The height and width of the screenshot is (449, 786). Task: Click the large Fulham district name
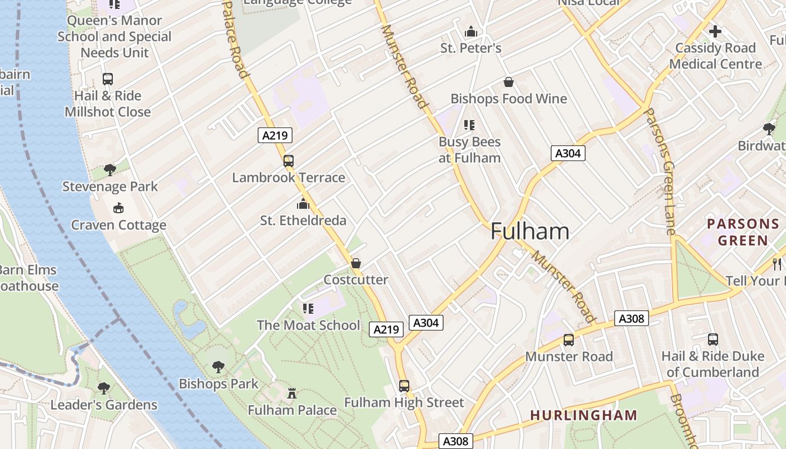pyautogui.click(x=529, y=231)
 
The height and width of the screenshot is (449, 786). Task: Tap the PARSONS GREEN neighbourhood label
pyautogui.click(x=743, y=232)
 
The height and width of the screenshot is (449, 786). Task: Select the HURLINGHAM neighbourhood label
pyautogui.click(x=584, y=415)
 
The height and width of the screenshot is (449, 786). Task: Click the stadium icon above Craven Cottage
pyautogui.click(x=118, y=209)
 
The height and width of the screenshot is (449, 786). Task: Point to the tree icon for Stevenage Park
pyautogui.click(x=110, y=169)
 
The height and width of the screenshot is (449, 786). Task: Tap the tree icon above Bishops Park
pyautogui.click(x=218, y=367)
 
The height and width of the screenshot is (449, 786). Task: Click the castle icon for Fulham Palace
pyautogui.click(x=291, y=393)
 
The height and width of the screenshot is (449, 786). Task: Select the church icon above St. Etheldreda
pyautogui.click(x=303, y=204)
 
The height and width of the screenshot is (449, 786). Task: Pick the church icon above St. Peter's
pyautogui.click(x=471, y=31)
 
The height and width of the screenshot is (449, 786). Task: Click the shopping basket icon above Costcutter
pyautogui.click(x=355, y=263)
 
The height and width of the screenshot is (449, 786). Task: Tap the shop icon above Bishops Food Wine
pyautogui.click(x=509, y=82)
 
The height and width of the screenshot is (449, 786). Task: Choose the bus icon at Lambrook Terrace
pyautogui.click(x=289, y=161)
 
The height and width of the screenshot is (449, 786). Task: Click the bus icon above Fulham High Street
pyautogui.click(x=404, y=386)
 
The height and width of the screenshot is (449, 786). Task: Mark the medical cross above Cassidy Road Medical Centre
pyautogui.click(x=715, y=31)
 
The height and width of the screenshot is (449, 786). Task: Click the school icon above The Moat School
pyautogui.click(x=308, y=308)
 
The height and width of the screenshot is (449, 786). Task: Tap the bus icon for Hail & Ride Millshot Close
pyautogui.click(x=108, y=79)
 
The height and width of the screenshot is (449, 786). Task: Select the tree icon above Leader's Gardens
pyautogui.click(x=103, y=388)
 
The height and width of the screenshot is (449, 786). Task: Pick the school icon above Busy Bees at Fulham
pyautogui.click(x=469, y=125)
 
